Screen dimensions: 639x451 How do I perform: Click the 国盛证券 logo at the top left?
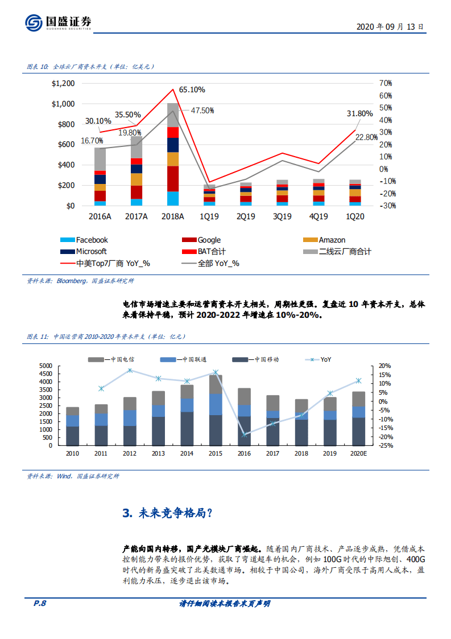pyautogui.click(x=57, y=22)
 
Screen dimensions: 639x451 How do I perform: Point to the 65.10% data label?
pyautogui.click(x=192, y=89)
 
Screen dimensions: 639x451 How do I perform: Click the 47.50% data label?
pyautogui.click(x=202, y=110)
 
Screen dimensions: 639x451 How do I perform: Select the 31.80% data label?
pyautogui.click(x=359, y=113)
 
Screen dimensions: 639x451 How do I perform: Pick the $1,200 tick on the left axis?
pyautogui.click(x=63, y=84)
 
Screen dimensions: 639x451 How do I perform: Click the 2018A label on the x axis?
pyautogui.click(x=173, y=216)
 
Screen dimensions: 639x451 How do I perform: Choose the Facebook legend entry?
pyautogui.click(x=91, y=240)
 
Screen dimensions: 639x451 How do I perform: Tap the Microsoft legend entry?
pyautogui.click(x=91, y=251)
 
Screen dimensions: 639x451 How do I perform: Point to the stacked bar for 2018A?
pyautogui.click(x=173, y=154)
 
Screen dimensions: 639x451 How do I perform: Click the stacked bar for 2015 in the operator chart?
pyautogui.click(x=216, y=410)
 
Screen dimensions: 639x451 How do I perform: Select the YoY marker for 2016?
pyautogui.click(x=245, y=435)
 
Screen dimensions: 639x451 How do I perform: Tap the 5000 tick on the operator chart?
pyautogui.click(x=45, y=366)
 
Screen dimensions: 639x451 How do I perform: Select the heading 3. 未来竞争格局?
pyautogui.click(x=167, y=513)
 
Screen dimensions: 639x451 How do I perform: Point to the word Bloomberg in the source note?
pyautogui.click(x=72, y=281)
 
